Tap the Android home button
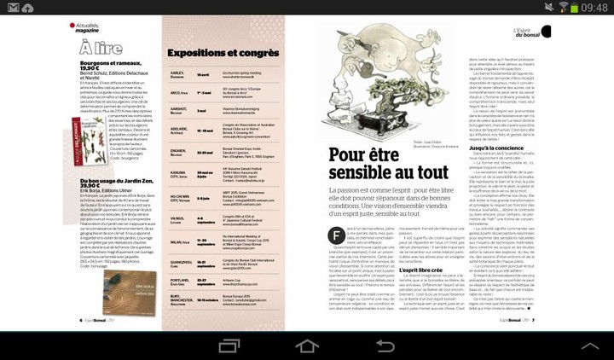click(306, 347)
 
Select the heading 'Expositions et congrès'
click(223, 53)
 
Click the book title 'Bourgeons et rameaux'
click(96, 65)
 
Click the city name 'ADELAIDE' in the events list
click(182, 130)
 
